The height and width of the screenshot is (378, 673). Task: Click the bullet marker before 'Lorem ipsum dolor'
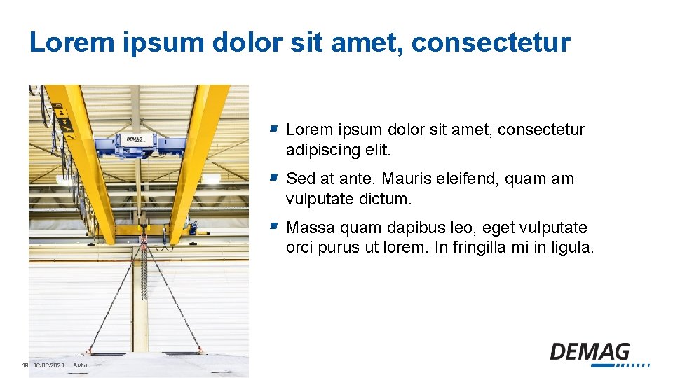click(275, 129)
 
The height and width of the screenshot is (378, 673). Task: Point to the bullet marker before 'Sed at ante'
click(275, 178)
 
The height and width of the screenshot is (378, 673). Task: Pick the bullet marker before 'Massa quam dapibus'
click(275, 227)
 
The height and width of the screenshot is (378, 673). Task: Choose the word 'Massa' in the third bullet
click(308, 228)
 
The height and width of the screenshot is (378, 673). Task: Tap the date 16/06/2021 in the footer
click(49, 365)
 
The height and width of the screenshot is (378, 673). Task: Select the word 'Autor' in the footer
click(79, 365)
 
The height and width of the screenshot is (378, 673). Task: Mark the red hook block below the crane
click(144, 241)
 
